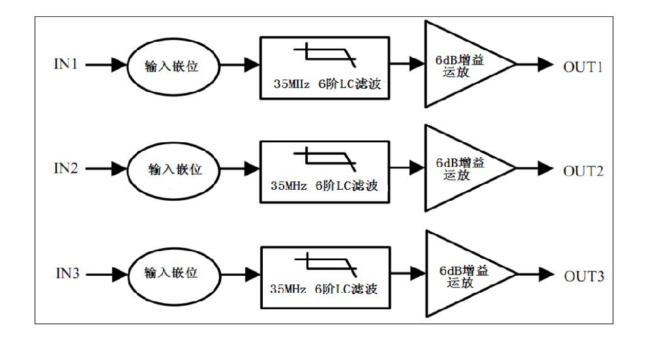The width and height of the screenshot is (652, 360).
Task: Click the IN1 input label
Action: point(66,64)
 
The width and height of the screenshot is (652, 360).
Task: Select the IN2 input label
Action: point(66,168)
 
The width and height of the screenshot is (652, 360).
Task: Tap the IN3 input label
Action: point(67,273)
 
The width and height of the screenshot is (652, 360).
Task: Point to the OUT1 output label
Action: point(583,67)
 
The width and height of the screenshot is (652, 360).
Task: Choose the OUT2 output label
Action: point(583,171)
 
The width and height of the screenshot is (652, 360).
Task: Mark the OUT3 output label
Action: point(584,276)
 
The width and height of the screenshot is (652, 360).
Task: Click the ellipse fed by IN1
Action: point(127,67)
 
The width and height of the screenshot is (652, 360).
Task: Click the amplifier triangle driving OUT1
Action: point(426,64)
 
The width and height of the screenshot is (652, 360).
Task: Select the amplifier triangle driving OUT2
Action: point(426,168)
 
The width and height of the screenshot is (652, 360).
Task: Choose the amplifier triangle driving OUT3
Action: point(427,273)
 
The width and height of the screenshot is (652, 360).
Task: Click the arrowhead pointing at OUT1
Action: point(546,65)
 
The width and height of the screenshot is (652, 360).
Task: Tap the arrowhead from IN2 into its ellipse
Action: point(119,169)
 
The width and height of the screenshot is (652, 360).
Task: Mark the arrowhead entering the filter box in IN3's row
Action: point(253,275)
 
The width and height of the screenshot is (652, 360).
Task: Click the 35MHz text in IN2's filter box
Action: point(289,185)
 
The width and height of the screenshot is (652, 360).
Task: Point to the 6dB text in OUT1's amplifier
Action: point(446,60)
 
